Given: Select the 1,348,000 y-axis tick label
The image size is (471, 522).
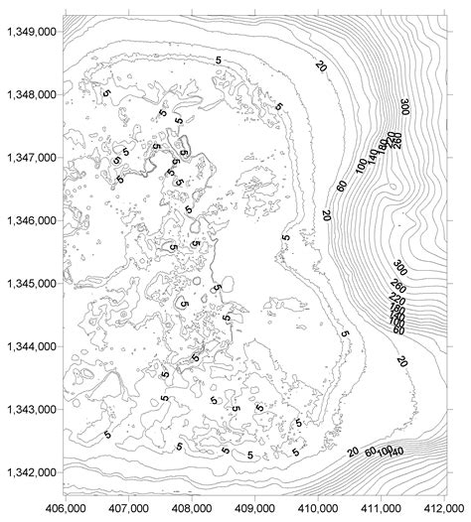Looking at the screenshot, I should tap(30, 94).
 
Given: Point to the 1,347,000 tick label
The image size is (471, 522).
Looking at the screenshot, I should tap(30, 157).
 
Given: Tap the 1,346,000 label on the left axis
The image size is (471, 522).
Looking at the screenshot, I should tap(30, 219).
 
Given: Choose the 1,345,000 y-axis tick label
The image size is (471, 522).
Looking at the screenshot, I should tap(30, 283).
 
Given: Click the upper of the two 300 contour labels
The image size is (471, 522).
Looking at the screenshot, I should tap(405, 106).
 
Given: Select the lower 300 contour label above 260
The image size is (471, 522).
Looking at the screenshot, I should tap(400, 269).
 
